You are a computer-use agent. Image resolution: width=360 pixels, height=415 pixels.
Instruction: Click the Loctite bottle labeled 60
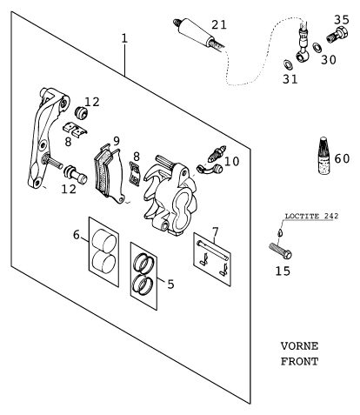(x=325, y=156)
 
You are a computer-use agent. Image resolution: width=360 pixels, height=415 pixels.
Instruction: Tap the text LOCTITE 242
(x=311, y=216)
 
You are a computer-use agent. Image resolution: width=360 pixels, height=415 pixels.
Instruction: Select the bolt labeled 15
(x=280, y=251)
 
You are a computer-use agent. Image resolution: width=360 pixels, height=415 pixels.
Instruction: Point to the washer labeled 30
(x=317, y=48)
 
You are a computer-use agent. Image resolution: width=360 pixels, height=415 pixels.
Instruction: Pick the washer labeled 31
(x=288, y=64)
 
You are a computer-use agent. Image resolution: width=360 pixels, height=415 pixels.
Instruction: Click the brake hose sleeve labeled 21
(x=199, y=33)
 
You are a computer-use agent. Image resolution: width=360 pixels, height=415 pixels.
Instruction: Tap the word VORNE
(x=299, y=346)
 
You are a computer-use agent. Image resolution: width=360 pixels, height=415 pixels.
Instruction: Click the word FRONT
(x=299, y=361)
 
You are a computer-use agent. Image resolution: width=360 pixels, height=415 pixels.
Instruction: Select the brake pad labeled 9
(x=110, y=173)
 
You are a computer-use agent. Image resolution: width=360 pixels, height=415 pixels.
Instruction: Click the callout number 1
(x=124, y=38)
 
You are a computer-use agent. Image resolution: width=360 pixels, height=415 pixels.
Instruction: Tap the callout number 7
(x=215, y=231)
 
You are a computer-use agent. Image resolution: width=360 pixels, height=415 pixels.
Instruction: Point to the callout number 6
(x=77, y=235)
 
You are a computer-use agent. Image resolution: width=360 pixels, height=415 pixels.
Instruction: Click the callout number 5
(x=170, y=284)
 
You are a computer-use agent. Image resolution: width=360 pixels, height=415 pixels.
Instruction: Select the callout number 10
(x=231, y=162)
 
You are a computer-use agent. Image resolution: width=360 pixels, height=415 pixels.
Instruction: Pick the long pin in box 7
(x=213, y=251)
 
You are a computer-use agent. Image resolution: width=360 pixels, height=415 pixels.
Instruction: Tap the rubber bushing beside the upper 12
(x=82, y=113)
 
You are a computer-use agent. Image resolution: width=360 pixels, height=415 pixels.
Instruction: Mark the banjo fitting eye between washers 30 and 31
(x=303, y=56)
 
